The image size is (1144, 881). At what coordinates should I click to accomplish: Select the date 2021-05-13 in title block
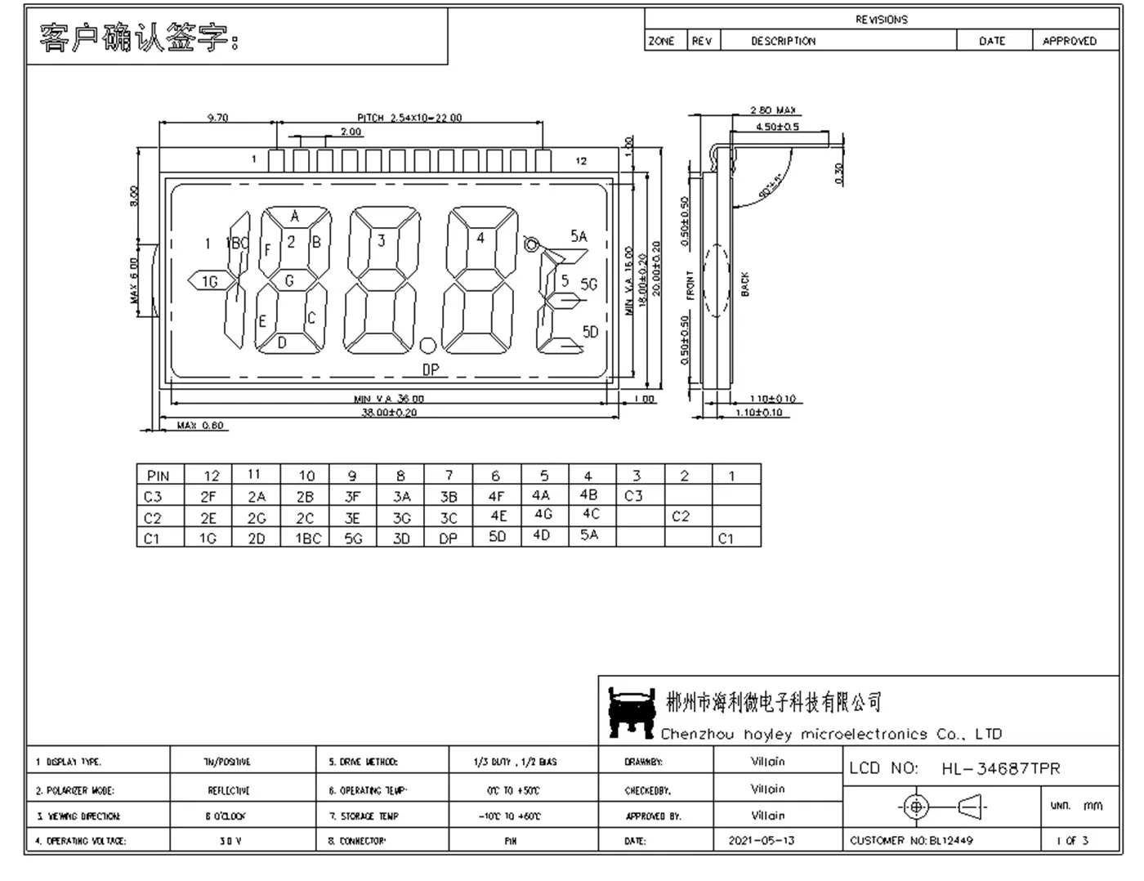coord(761,840)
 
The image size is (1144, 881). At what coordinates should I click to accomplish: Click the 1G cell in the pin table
coord(208,539)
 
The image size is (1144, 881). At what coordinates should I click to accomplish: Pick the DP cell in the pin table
coord(448,539)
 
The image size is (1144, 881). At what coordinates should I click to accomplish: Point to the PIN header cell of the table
coord(159,475)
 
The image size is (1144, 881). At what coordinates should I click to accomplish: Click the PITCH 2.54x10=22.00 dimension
coord(409,118)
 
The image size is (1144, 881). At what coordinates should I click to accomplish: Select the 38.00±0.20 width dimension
coord(389,413)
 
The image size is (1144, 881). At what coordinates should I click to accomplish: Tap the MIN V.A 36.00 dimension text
coord(389,399)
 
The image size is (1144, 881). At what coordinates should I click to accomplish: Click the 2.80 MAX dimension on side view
coord(772,110)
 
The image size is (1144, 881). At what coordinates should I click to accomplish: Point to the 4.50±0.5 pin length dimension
coord(777,127)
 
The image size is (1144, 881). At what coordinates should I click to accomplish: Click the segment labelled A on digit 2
coord(295,217)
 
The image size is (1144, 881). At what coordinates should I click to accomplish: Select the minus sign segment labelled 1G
coord(210,281)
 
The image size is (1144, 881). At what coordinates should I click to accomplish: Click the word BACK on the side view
coord(744,284)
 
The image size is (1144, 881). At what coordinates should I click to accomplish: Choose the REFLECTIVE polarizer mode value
coord(229,790)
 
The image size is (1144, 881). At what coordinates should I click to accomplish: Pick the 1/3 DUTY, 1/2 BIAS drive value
coord(515,762)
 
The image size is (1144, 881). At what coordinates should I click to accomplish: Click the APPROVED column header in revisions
coord(1069,41)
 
